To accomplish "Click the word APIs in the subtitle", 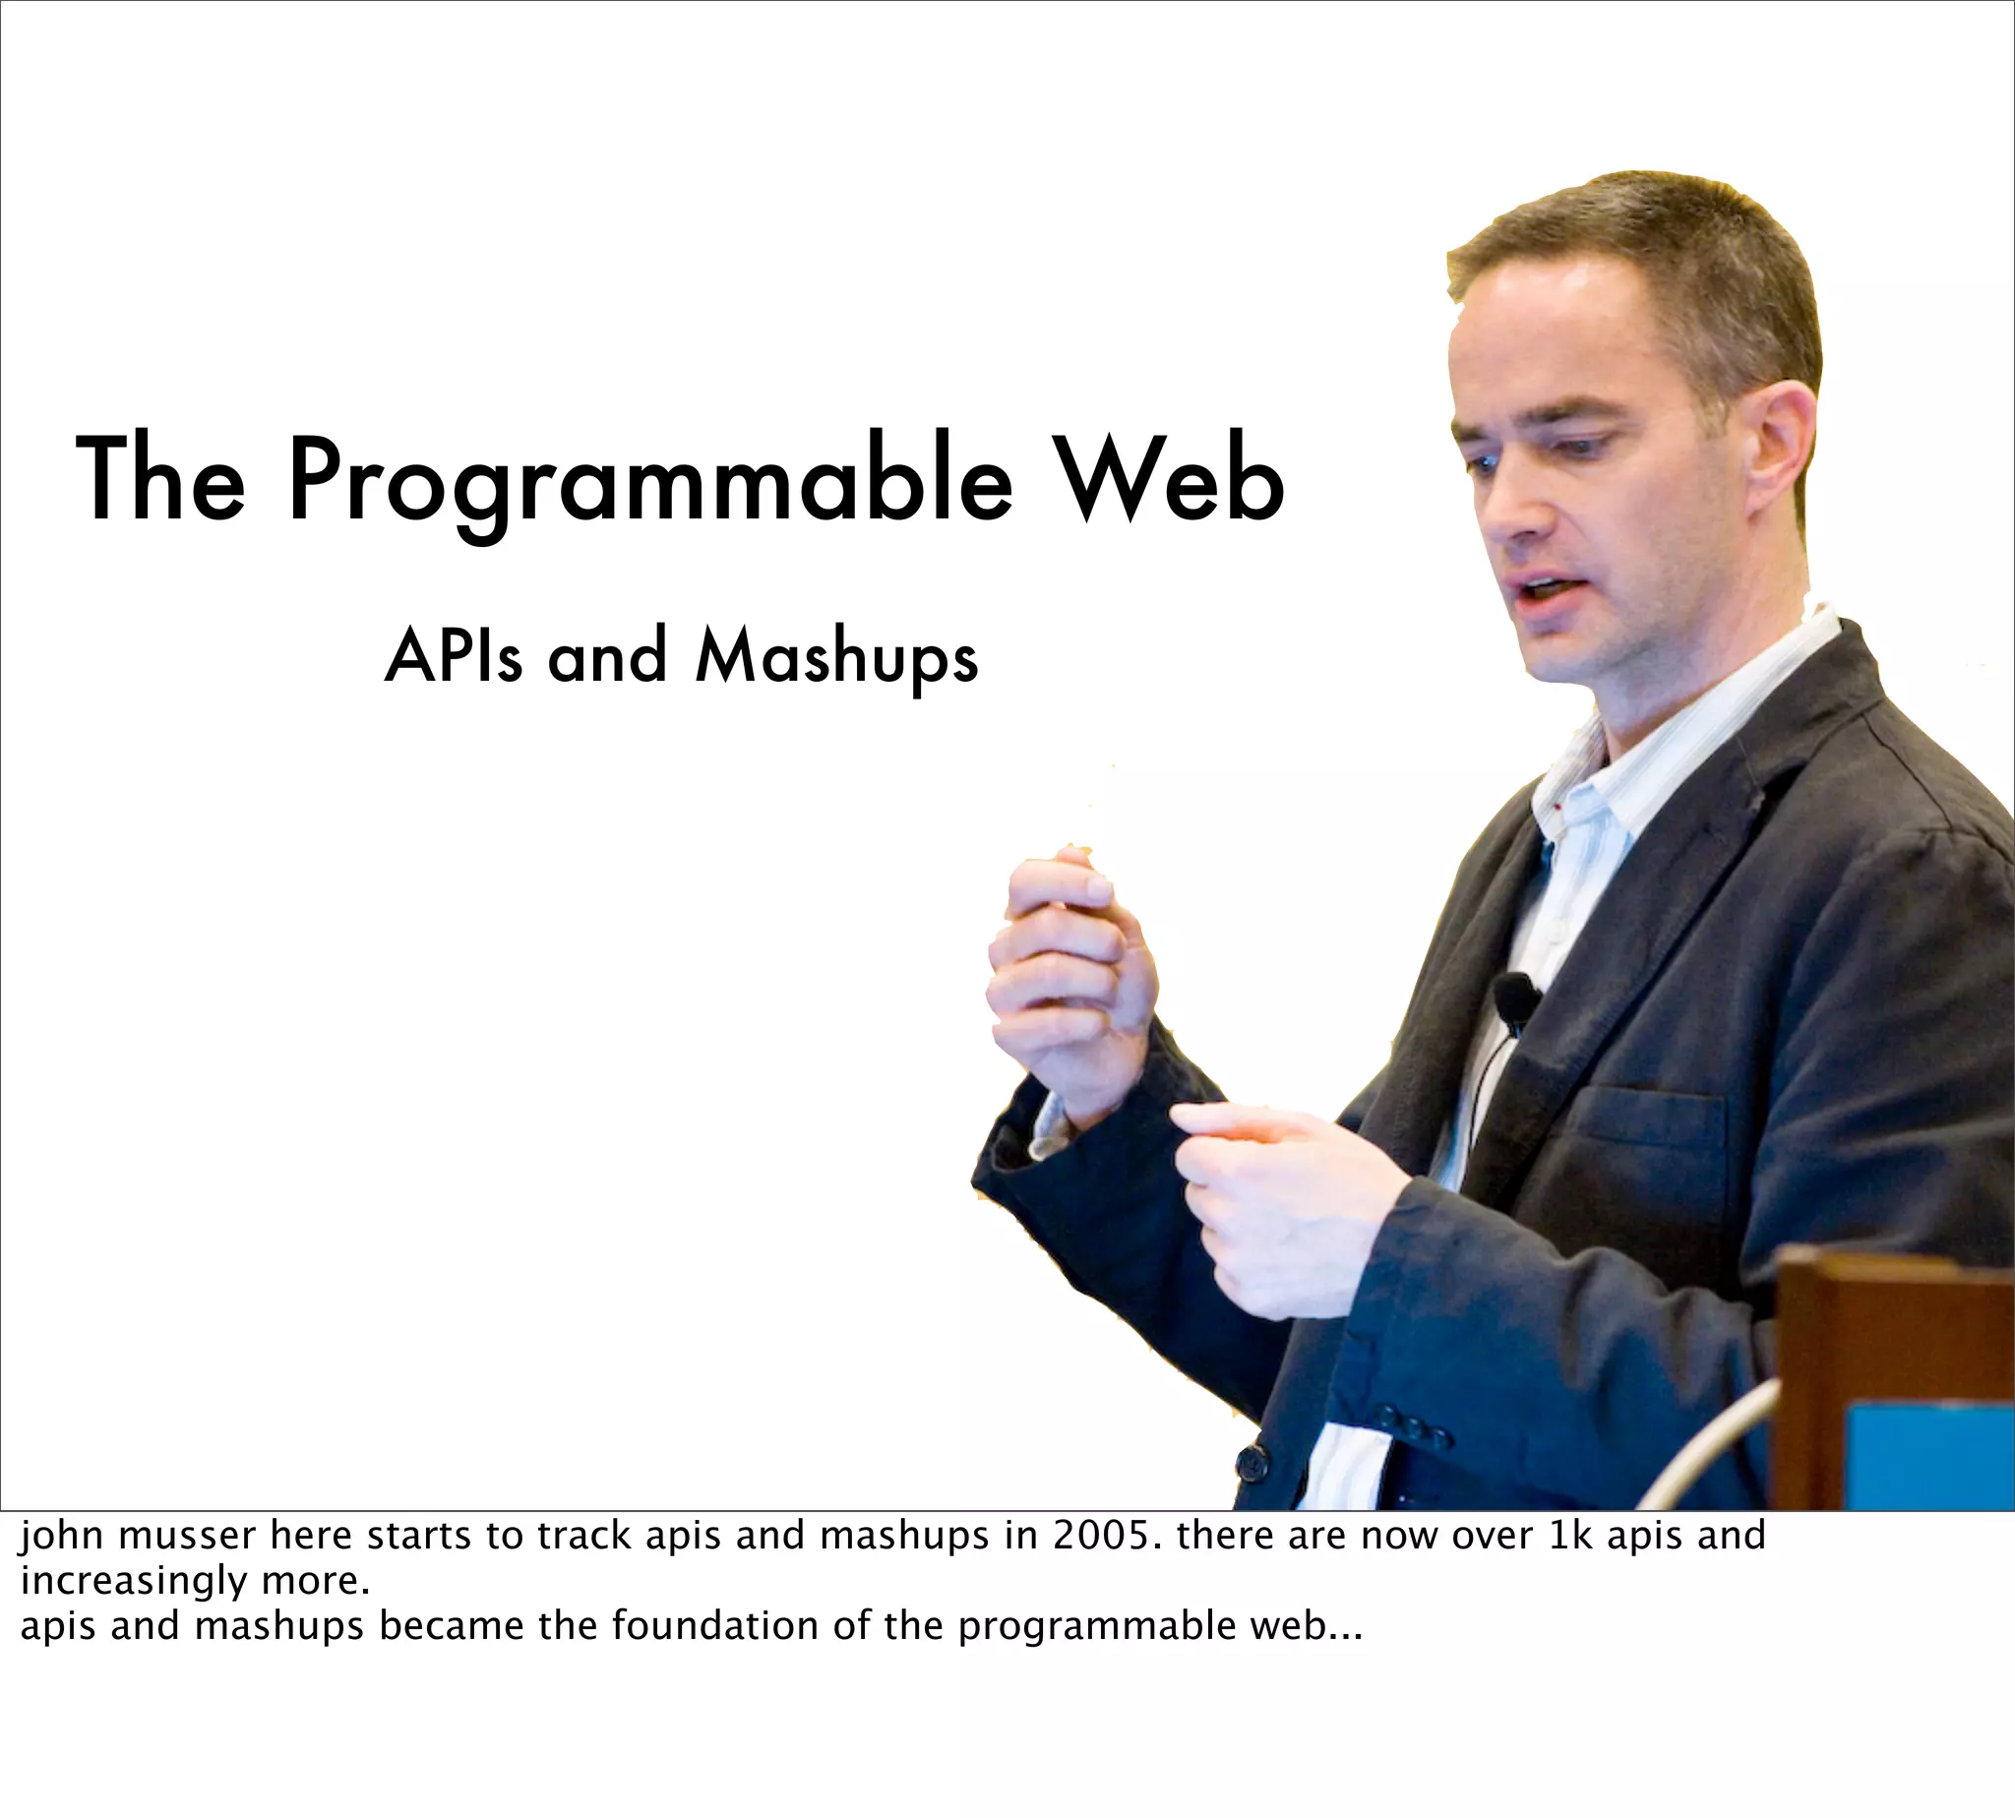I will (454, 657).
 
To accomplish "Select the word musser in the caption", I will (185, 1536).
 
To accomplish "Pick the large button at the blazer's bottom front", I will (1252, 1465).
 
